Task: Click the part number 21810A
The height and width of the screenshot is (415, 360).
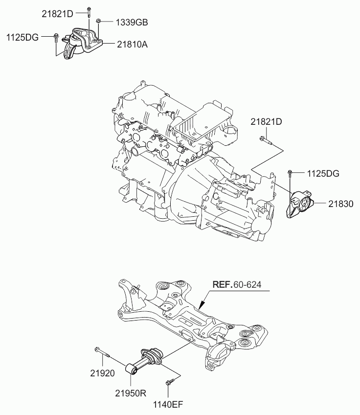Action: tap(132, 44)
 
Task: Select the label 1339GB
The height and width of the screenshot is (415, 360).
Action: tap(132, 22)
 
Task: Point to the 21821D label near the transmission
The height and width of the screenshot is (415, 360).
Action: tap(267, 121)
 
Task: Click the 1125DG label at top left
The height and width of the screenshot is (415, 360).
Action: tap(22, 37)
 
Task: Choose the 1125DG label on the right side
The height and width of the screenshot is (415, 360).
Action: tap(323, 173)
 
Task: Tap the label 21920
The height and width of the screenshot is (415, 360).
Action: tap(103, 373)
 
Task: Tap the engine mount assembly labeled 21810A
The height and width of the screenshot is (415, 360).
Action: tap(81, 43)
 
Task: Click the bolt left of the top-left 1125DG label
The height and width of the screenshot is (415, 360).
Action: tap(55, 36)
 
